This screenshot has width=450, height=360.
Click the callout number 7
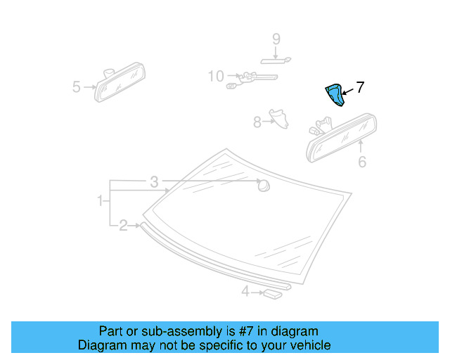(360, 88)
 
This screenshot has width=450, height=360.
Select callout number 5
(77, 87)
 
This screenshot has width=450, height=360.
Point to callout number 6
(362, 162)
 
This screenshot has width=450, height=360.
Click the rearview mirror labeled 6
(343, 136)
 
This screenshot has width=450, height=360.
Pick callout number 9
(276, 39)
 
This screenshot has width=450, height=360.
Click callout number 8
(257, 122)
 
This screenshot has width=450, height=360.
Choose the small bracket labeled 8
(281, 117)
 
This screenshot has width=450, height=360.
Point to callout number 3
(154, 182)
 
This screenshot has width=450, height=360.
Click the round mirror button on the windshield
(264, 186)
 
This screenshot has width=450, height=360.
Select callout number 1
(100, 202)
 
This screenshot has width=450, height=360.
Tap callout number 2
(123, 225)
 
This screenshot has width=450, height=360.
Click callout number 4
(245, 291)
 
